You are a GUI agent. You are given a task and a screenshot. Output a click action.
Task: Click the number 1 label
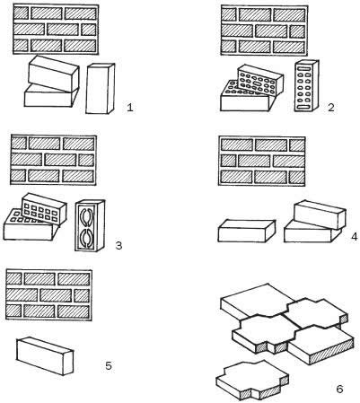(130, 107)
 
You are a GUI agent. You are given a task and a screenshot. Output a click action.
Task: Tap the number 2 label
(330, 107)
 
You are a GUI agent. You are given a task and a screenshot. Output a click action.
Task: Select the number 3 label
(119, 245)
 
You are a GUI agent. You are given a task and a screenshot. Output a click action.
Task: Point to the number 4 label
(355, 236)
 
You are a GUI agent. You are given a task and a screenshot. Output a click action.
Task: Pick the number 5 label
(109, 365)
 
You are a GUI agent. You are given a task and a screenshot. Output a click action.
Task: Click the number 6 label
(339, 389)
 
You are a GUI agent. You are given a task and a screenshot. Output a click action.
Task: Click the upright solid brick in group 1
(100, 89)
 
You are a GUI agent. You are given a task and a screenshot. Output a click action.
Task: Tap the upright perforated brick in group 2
(306, 86)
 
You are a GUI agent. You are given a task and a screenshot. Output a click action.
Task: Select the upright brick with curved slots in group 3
(90, 225)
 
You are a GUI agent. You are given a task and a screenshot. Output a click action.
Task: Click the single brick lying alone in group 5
(45, 355)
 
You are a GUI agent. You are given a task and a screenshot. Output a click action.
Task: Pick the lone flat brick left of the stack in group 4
(246, 231)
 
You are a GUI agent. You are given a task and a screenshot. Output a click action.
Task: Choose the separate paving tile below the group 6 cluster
(252, 380)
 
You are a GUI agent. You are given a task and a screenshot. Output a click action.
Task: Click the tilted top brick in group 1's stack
(54, 74)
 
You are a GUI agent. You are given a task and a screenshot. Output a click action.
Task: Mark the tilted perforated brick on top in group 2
(259, 80)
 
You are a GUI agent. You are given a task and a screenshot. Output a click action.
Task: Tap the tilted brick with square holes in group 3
(44, 208)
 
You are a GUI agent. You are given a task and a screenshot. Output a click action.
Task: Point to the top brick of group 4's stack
(320, 215)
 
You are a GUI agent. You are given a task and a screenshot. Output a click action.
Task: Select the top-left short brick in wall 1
(22, 13)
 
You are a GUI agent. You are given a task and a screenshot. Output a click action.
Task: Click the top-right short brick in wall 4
(297, 145)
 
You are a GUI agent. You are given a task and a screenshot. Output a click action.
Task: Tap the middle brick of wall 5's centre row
(56, 295)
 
